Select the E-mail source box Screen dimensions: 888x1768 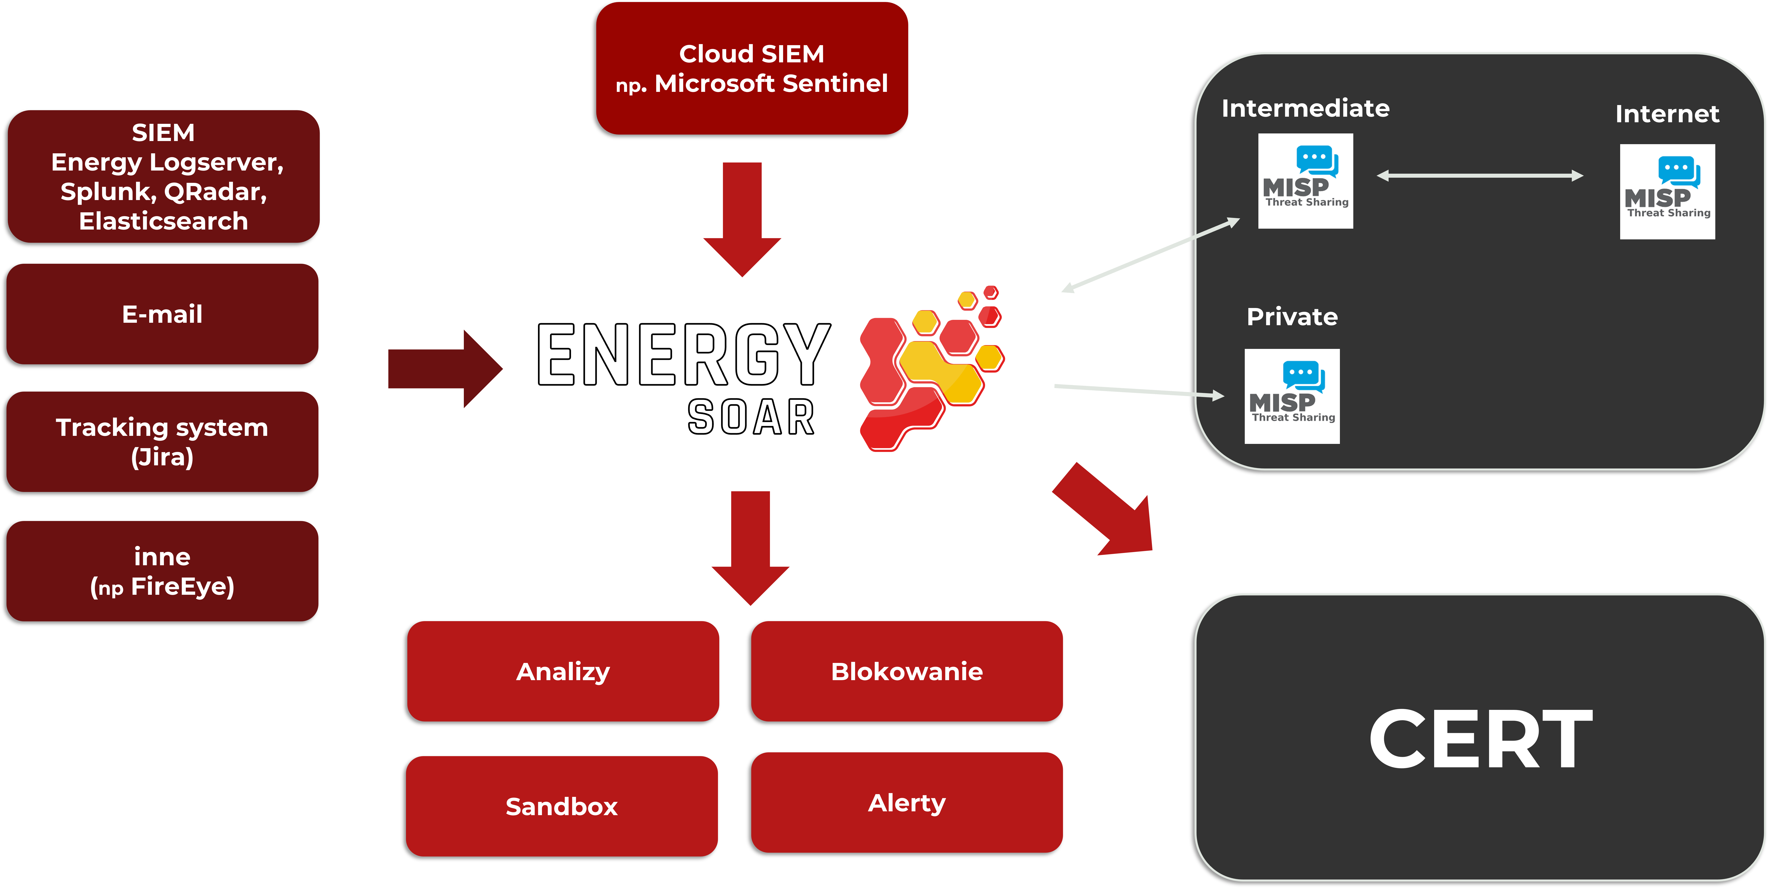tap(162, 314)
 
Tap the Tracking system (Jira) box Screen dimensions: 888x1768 tap(162, 442)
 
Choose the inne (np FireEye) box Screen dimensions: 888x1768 tap(162, 571)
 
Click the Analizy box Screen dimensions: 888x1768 tap(563, 671)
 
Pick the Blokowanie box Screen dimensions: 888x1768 tap(907, 671)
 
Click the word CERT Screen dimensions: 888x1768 tap(1480, 739)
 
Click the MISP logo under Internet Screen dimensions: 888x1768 tap(1667, 192)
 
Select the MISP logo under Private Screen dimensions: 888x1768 tap(1292, 396)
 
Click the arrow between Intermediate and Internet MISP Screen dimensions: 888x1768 tap(1480, 176)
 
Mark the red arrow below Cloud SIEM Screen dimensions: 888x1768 tap(742, 220)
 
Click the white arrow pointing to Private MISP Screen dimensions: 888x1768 tap(1139, 391)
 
